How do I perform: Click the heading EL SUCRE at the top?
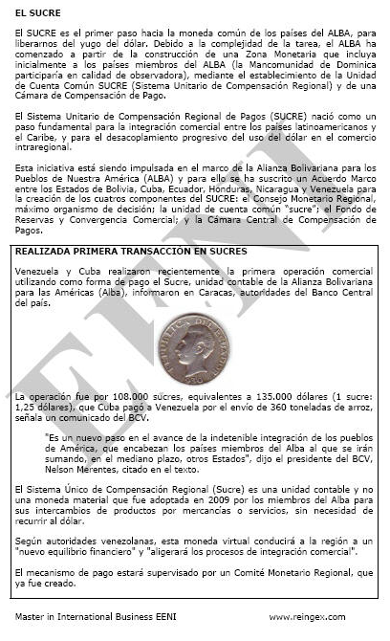pyautogui.click(x=34, y=14)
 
